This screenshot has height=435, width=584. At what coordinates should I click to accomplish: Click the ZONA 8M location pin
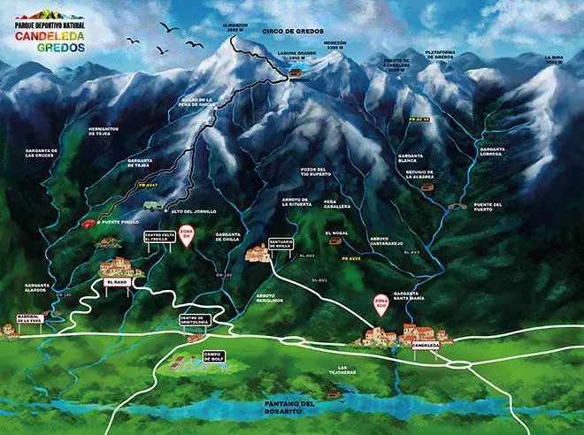click(186, 236)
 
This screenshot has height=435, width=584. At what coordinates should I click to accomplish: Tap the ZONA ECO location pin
click(381, 305)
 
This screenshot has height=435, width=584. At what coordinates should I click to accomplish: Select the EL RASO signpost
click(117, 282)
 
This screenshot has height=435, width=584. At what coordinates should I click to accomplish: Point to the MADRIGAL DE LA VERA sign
click(25, 320)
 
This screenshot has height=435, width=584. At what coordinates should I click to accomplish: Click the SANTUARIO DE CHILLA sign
click(280, 244)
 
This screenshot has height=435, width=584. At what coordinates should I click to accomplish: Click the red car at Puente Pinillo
click(88, 224)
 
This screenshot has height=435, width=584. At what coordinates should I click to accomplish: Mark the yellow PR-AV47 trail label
click(147, 187)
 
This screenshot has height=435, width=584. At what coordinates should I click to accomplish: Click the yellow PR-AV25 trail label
click(350, 258)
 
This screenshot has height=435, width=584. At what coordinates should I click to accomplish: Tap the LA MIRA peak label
click(555, 58)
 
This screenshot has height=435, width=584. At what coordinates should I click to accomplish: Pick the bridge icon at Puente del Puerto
click(457, 207)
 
